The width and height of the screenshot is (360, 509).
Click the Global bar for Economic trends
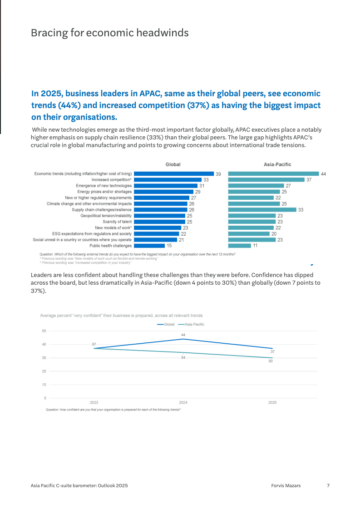pos(174,173)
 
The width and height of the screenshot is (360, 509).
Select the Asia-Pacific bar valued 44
pos(273,173)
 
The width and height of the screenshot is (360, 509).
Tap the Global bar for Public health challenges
pos(149,246)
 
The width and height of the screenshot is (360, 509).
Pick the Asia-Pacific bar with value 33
pos(262,210)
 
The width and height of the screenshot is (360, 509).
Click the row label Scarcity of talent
pos(117,222)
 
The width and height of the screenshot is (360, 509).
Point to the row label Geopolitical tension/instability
pos(106,216)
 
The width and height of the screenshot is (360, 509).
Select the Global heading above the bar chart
pos(173,164)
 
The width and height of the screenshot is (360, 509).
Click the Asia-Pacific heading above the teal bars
pos(277,164)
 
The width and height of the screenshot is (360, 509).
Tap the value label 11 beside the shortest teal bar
pos(256,246)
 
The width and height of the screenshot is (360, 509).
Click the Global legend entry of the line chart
pos(166,324)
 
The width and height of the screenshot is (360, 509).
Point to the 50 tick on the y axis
pos(44,331)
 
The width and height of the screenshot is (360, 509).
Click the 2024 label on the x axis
pos(183,402)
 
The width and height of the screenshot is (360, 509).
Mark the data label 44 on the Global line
pos(183,335)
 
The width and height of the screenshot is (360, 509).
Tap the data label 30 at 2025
pos(270,361)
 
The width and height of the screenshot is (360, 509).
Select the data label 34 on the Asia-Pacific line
pos(183,358)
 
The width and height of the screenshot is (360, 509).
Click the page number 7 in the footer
pos(328,485)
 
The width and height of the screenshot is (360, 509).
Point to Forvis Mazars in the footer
pos(283,485)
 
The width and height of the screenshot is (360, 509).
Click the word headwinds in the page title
pos(163,33)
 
